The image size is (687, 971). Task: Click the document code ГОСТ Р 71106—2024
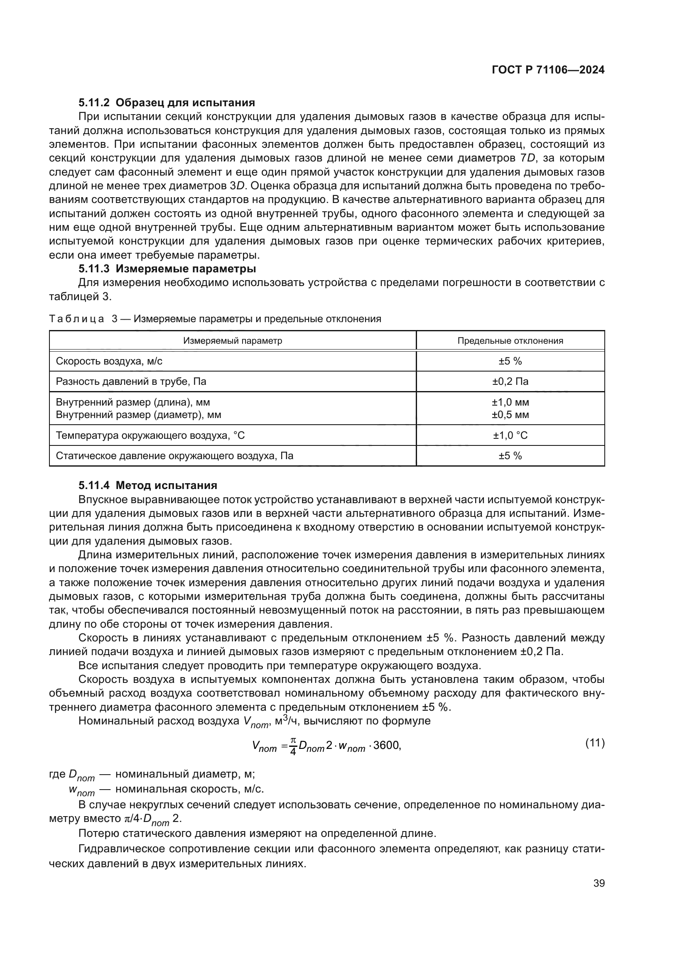[x=548, y=70]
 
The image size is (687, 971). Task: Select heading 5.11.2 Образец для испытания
[x=167, y=103]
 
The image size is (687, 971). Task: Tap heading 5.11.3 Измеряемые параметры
[x=167, y=269]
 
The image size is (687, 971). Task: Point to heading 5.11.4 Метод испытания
[x=148, y=485]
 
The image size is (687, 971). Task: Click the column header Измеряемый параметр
[x=232, y=340]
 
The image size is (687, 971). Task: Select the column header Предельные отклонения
[x=510, y=340]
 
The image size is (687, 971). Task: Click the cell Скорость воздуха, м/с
[x=109, y=361]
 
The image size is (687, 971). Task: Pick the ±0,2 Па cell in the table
[x=510, y=381]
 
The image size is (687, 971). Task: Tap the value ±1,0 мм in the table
[x=510, y=402]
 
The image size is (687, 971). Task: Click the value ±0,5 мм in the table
[x=510, y=414]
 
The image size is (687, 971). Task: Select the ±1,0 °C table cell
[x=510, y=435]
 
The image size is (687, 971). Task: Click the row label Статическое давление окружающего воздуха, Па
[x=174, y=455]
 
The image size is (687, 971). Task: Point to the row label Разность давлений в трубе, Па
[x=131, y=381]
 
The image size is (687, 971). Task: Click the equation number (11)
[x=595, y=743]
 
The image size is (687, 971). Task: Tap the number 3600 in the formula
[x=386, y=745]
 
